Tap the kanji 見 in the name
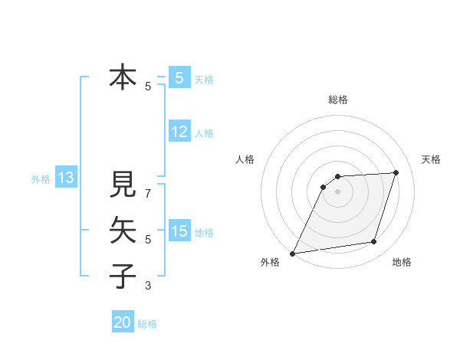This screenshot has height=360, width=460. (123, 185)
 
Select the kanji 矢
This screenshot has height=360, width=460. (123, 230)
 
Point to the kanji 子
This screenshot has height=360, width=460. (123, 275)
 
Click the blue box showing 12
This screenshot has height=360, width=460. (179, 132)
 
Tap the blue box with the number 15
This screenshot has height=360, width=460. (179, 231)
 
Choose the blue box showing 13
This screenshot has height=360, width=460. (66, 178)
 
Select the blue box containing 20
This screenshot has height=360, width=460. (123, 322)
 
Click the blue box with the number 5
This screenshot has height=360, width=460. (179, 77)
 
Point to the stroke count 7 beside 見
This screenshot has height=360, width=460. (148, 186)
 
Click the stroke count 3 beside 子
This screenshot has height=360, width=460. (148, 286)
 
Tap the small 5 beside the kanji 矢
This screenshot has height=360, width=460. (148, 240)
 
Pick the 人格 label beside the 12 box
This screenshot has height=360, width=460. (204, 133)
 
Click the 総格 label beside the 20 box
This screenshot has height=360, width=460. (147, 324)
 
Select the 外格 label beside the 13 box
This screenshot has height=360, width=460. (41, 180)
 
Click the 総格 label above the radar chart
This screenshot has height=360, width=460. (338, 100)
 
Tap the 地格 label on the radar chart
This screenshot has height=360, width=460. (402, 263)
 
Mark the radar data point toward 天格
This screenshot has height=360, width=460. (396, 172)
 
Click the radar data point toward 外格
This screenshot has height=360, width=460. (293, 254)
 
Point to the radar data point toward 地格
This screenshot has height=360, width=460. (374, 242)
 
